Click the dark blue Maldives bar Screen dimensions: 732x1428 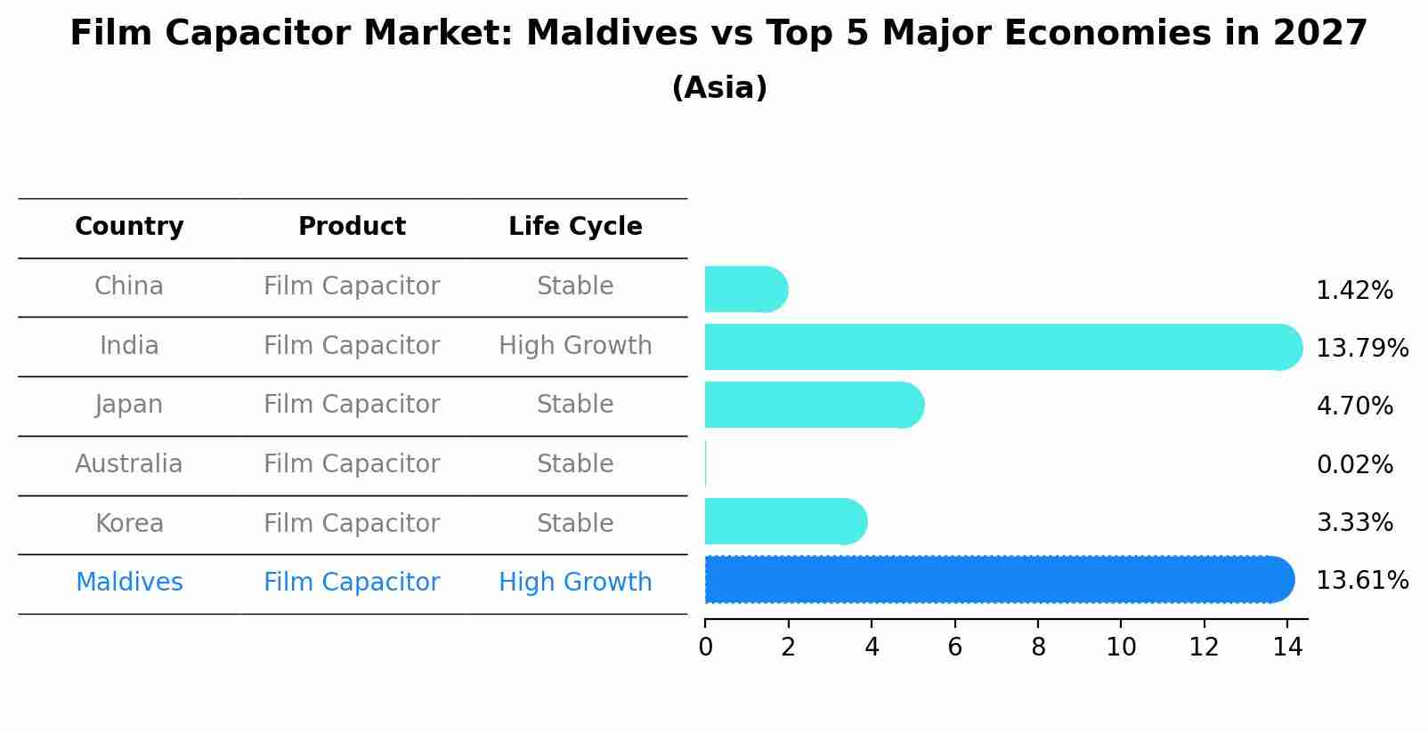997,580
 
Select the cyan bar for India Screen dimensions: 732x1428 1002,347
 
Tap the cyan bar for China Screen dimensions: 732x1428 745,289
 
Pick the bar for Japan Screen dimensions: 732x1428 813,405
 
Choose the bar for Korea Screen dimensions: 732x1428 784,521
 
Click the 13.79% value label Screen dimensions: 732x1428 1361,348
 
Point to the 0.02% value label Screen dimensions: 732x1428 1354,464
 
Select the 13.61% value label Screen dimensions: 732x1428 1361,581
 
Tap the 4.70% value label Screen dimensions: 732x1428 1354,406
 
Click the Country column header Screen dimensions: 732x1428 129,227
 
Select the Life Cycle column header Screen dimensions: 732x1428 575,227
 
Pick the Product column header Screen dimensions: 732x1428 352,227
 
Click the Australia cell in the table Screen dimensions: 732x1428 129,464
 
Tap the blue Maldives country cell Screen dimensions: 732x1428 129,583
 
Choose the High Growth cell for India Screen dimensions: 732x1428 575,346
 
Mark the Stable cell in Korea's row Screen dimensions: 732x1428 575,524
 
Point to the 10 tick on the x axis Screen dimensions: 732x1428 1121,648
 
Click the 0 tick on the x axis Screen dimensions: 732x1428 705,648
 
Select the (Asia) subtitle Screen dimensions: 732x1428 719,88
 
